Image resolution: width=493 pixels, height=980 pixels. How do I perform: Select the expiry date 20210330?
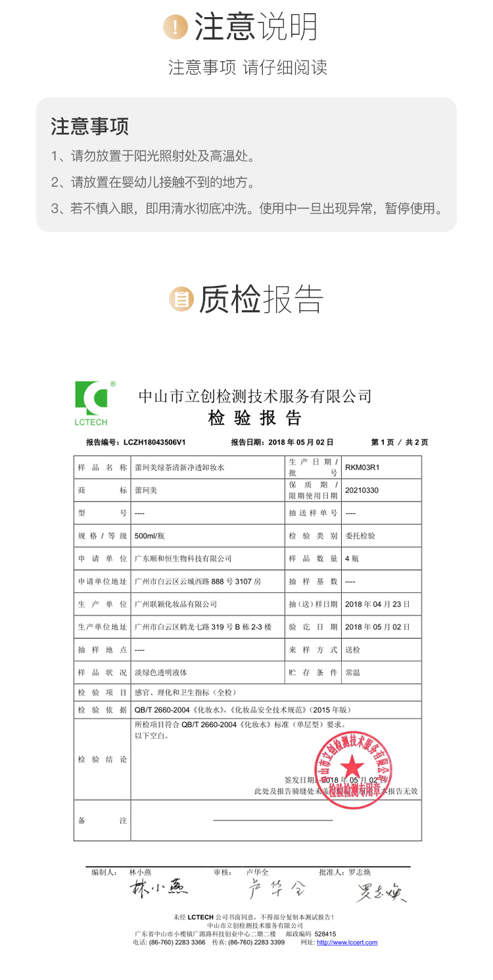[x=362, y=490]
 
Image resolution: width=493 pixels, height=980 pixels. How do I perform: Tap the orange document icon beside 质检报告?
[x=181, y=299]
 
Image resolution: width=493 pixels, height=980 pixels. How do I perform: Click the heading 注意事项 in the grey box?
[x=90, y=126]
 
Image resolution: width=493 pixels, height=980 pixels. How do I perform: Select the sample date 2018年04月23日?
[x=377, y=604]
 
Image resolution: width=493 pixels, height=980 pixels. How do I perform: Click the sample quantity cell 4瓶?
[x=352, y=559]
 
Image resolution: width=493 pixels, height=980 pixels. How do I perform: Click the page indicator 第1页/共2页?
[x=400, y=442]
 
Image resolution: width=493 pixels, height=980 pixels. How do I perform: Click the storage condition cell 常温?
[x=352, y=672]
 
